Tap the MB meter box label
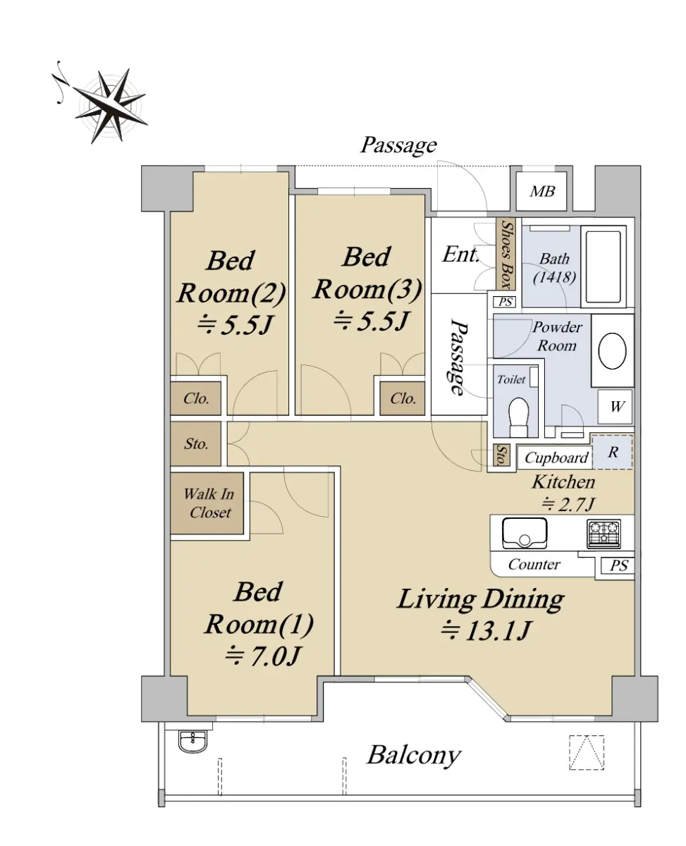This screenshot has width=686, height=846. (541, 192)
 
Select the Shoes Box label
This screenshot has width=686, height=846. (506, 255)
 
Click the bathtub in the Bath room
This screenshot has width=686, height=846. (604, 267)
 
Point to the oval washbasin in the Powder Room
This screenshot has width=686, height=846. (612, 350)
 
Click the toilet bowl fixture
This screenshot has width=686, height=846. (519, 417)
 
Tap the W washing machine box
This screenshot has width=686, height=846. (616, 407)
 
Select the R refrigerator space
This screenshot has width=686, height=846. (613, 452)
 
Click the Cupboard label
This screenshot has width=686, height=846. (556, 458)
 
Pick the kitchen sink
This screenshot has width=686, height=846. (525, 532)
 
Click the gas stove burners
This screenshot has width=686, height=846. (604, 534)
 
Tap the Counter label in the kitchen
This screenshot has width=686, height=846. (534, 564)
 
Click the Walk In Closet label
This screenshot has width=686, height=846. (209, 503)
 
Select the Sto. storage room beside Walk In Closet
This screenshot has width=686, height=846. (196, 443)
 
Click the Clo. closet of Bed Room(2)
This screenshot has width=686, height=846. (196, 398)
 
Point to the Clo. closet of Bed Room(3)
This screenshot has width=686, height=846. (403, 398)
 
